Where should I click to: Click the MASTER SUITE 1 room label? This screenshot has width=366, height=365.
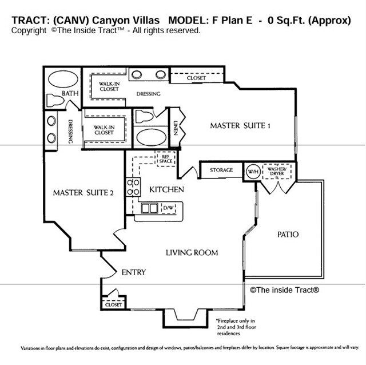click(240, 126)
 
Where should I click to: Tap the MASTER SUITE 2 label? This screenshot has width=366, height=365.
click(83, 193)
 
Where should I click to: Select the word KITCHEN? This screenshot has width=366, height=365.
click(166, 189)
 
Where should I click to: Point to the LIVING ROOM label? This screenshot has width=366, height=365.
click(192, 252)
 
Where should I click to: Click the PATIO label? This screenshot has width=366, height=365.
click(288, 235)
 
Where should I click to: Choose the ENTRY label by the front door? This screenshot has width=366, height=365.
click(133, 273)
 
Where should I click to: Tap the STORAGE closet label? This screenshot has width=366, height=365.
click(221, 170)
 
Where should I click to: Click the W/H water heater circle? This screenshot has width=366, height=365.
click(252, 170)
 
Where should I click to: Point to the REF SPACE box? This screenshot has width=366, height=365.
click(166, 158)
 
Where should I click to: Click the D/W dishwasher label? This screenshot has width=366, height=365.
click(169, 208)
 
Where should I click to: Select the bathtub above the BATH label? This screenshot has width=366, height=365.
click(63, 79)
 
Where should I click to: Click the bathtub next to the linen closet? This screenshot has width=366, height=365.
click(150, 139)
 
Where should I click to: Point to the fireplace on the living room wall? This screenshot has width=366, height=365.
click(184, 315)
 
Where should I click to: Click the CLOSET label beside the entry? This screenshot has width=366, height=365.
click(114, 305)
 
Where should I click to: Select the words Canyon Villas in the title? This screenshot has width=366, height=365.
click(99, 21)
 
